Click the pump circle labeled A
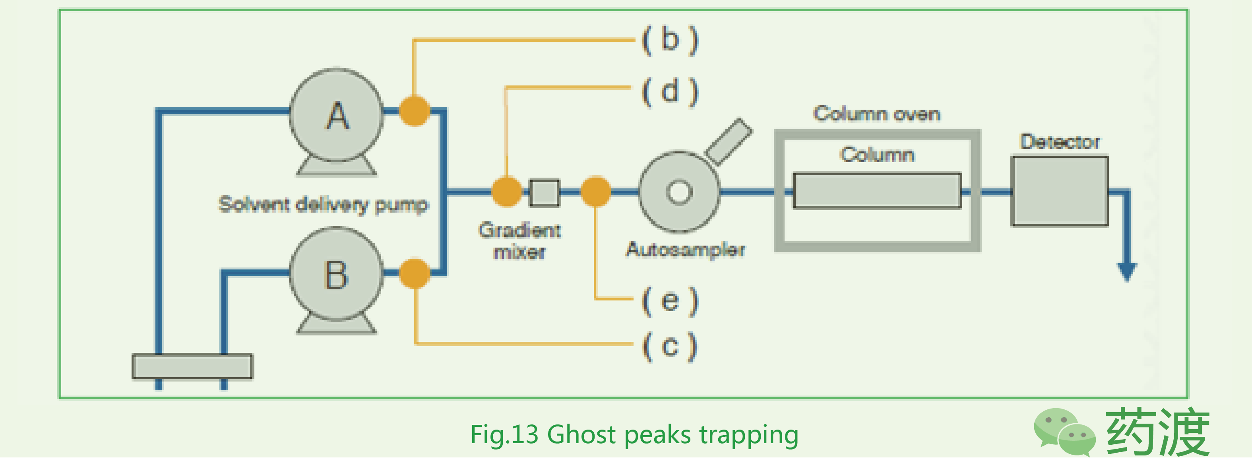pyautogui.click(x=337, y=115)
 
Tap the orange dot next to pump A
pyautogui.click(x=415, y=111)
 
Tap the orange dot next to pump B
pyautogui.click(x=415, y=273)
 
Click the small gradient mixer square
pyautogui.click(x=545, y=192)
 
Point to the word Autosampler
pyautogui.click(x=685, y=250)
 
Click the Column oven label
pyautogui.click(x=877, y=114)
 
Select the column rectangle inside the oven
pyautogui.click(x=877, y=191)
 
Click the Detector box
pyautogui.click(x=1060, y=191)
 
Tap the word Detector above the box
pyautogui.click(x=1060, y=142)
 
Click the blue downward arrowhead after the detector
pyautogui.click(x=1127, y=271)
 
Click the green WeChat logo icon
pyautogui.click(x=1064, y=432)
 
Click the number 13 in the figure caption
pyautogui.click(x=525, y=434)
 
